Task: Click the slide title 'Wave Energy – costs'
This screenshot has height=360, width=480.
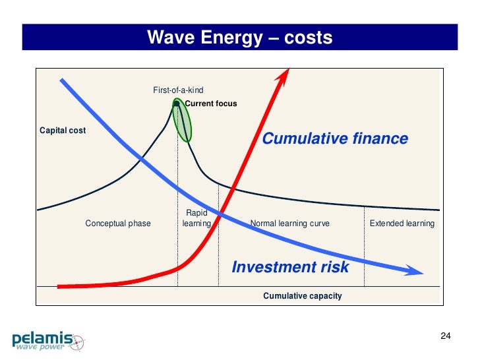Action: pos(239,38)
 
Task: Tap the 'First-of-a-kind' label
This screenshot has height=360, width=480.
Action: pos(178,90)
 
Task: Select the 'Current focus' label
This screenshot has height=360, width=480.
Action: pos(210,104)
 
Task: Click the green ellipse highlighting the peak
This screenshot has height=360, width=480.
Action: pos(183,122)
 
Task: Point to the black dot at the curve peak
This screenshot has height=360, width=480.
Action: pos(177,103)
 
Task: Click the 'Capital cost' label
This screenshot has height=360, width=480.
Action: pos(63,131)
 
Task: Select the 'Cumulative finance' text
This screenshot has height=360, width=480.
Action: pos(335,139)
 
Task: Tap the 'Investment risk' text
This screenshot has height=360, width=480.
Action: pos(290,267)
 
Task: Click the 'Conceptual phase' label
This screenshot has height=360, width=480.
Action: pos(118,224)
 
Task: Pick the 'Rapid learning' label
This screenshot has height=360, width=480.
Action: pos(196,218)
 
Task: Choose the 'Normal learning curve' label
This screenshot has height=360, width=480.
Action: pos(289,224)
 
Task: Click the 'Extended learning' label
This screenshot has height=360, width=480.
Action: pos(402,224)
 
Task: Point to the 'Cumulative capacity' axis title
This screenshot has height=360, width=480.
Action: pos(302,296)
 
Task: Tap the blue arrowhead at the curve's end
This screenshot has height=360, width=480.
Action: pos(414,270)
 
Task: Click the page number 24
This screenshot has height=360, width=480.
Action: pos(445,337)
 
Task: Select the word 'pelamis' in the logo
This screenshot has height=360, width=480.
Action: pos(42,338)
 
